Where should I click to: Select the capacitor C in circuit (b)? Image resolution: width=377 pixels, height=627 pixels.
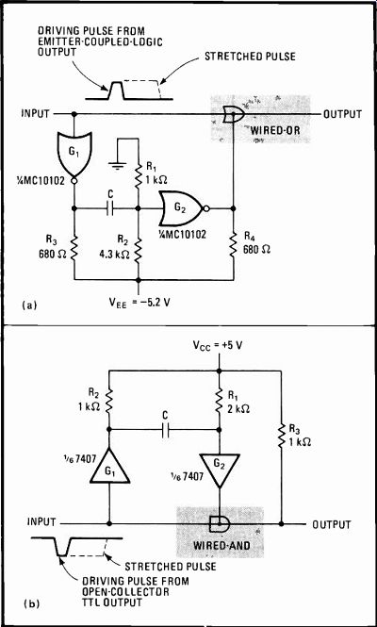tap(165, 430)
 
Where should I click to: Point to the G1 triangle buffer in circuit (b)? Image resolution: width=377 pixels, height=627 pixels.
tap(109, 466)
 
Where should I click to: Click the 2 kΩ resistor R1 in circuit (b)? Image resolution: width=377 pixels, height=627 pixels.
tap(220, 401)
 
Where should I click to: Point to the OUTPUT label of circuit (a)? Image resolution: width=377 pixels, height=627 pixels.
tap(343, 114)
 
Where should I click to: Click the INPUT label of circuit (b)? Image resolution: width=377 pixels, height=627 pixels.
tap(41, 522)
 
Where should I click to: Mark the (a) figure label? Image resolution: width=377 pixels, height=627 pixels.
tap(29, 305)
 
